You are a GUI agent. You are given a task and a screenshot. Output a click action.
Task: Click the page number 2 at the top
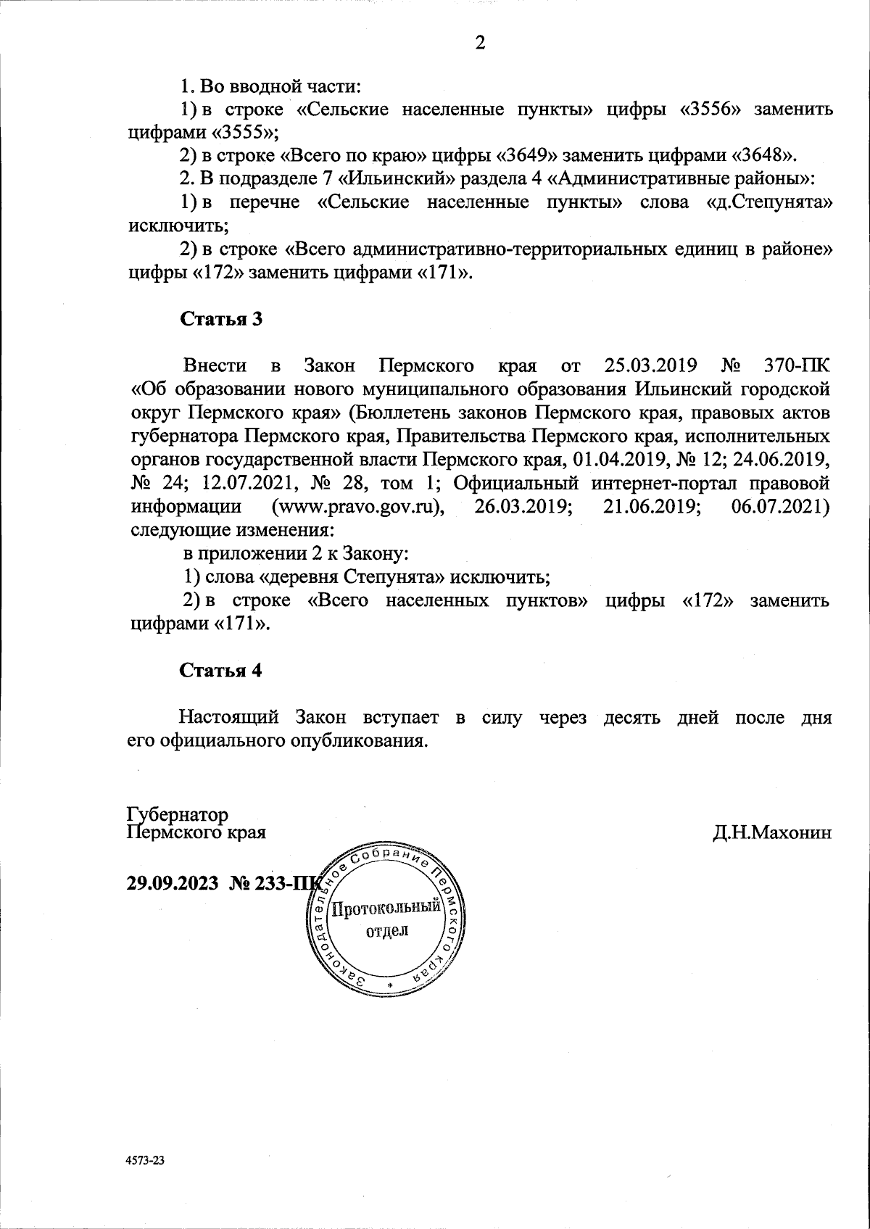point(479,43)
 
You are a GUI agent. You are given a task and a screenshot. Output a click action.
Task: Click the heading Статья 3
point(220,320)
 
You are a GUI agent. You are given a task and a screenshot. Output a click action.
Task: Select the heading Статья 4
point(220,670)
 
